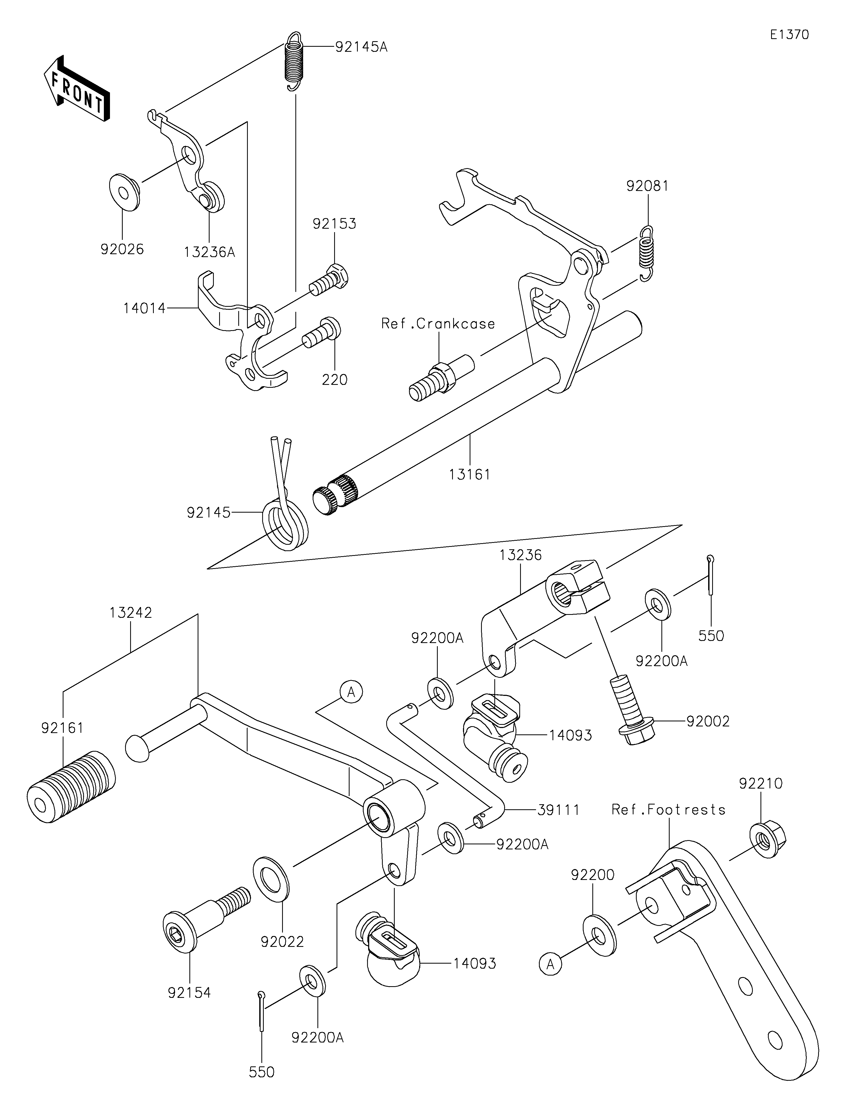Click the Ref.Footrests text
pyautogui.click(x=669, y=810)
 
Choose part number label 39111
pyautogui.click(x=558, y=810)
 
